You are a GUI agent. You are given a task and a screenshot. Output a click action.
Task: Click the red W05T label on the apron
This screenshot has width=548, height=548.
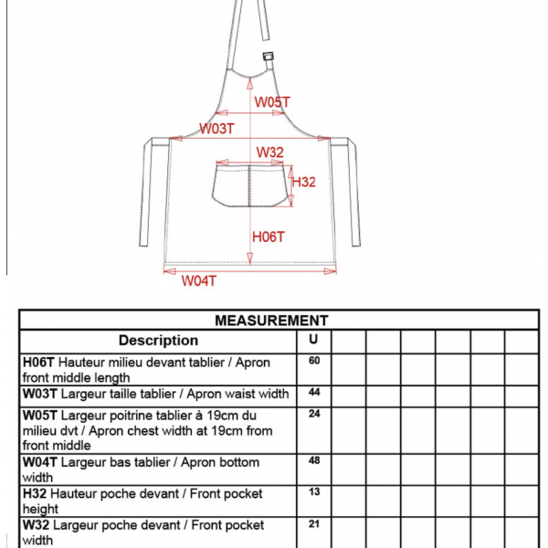pos(272,102)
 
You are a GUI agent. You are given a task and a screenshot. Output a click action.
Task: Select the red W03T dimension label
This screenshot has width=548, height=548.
pos(216,129)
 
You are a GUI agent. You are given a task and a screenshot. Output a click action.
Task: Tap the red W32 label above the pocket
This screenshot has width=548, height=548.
pos(269,153)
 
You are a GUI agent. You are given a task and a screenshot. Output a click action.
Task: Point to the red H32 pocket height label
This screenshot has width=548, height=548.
pos(304,182)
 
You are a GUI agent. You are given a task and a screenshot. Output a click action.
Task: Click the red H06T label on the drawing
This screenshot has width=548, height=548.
pos(269,237)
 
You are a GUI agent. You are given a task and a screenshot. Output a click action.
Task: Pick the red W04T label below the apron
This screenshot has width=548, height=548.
pos(199,280)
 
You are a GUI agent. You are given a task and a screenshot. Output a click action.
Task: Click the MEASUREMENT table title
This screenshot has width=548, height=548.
pos(271,321)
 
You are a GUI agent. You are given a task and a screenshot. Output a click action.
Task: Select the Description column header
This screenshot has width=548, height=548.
pos(158,341)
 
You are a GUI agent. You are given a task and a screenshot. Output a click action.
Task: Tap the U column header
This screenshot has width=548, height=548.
pos(313,339)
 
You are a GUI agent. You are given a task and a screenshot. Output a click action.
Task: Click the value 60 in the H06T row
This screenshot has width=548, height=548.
pos(314,361)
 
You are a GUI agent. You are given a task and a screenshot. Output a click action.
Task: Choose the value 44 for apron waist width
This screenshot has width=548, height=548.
pos(314,392)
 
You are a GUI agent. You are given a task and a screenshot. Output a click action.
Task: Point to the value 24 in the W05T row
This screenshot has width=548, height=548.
pos(314,414)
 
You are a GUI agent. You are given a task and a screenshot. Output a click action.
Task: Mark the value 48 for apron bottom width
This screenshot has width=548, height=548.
pos(314,460)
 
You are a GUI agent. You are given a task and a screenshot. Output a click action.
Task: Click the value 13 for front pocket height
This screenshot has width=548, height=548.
pos(314,491)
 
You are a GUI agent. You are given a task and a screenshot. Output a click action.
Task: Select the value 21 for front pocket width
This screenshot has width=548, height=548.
pos(314,523)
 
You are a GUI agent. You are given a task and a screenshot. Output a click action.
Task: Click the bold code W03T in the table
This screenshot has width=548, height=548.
pos(39,394)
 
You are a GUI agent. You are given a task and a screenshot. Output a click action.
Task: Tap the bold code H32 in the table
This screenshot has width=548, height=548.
pos(35,494)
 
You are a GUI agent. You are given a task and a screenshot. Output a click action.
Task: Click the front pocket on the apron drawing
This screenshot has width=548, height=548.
pos(250,186)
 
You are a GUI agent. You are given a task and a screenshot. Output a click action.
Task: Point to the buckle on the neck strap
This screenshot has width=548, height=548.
pos(268,56)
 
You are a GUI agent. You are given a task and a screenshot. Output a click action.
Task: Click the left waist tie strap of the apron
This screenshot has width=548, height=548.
pos(147,192)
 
